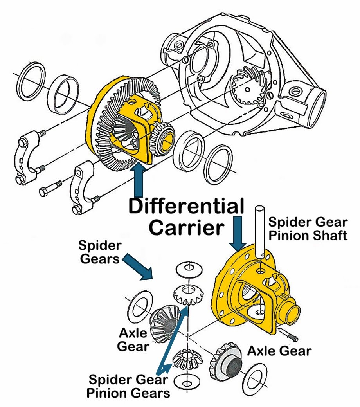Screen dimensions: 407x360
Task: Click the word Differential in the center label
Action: coord(186,206)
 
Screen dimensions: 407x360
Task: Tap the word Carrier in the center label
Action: coord(186,227)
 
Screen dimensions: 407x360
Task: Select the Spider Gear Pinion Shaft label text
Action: coord(308,229)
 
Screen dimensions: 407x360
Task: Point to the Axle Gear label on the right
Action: coord(279,351)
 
